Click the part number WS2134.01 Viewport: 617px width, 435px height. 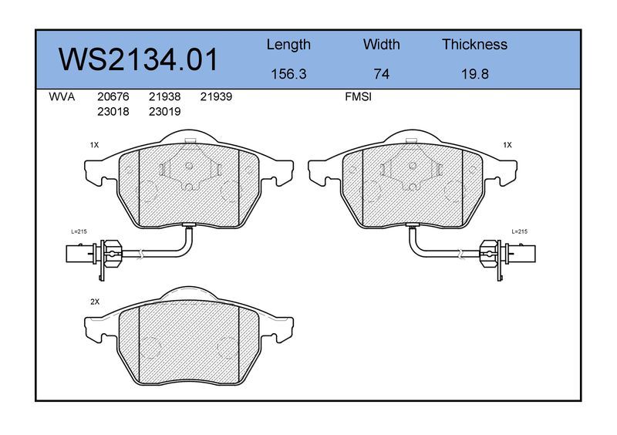138,59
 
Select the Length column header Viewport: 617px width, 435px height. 288,46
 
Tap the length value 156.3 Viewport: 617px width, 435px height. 288,74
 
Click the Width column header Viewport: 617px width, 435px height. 381,44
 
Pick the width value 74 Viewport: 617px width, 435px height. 381,74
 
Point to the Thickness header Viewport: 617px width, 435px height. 474,44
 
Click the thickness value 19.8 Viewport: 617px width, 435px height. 475,74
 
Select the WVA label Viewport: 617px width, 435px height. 62,97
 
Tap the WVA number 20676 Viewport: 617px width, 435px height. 113,97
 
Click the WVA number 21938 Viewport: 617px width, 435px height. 164,97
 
